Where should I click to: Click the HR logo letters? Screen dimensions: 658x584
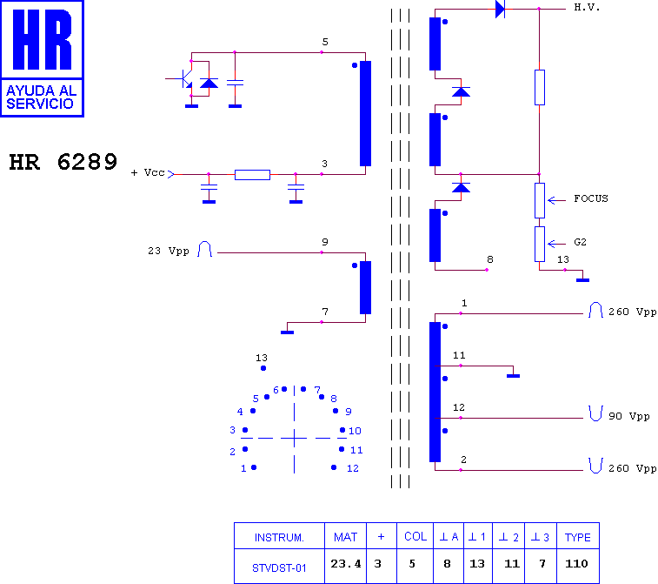click(42, 39)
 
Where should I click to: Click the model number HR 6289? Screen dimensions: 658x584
click(63, 162)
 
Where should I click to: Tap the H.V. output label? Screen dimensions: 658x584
click(587, 8)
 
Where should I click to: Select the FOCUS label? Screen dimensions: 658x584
click(591, 198)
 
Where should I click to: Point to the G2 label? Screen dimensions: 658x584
click(580, 243)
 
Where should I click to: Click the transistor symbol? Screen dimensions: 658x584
click(184, 78)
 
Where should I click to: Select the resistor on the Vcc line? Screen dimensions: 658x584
click(252, 175)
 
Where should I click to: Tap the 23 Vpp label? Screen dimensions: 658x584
click(169, 251)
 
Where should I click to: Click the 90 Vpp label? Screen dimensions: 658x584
click(628, 416)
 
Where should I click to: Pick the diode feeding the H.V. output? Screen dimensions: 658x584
click(500, 9)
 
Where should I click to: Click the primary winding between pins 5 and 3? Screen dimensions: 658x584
click(366, 113)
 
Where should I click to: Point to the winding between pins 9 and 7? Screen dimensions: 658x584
click(366, 287)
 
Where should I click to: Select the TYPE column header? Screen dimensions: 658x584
click(577, 537)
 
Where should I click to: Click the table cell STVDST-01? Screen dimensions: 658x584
click(279, 568)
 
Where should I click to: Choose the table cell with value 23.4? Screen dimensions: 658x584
click(345, 564)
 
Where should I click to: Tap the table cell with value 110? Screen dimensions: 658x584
click(576, 564)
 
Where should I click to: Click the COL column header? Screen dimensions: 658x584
click(415, 536)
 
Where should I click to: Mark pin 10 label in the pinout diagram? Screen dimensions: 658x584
click(355, 431)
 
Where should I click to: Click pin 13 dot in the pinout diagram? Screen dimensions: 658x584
click(263, 368)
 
